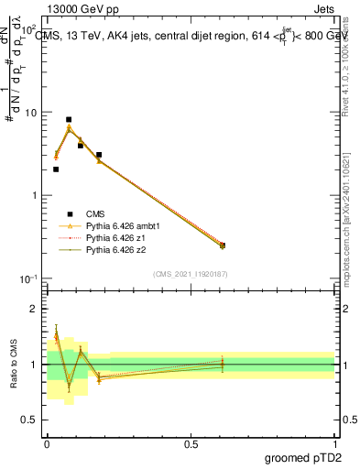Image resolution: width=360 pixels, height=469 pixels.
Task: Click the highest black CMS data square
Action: [69, 119]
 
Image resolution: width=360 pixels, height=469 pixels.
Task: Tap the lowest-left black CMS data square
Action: [56, 169]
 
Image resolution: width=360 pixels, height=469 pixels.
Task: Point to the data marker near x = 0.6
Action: [223, 245]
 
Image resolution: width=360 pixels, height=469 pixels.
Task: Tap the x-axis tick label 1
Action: [335, 444]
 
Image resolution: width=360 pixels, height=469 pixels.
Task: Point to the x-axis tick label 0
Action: [47, 444]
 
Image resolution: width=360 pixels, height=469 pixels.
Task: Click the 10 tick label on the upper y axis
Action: [29, 113]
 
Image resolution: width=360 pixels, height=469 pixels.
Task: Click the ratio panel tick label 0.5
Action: [29, 420]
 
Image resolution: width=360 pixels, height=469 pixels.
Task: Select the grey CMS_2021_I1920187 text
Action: [190, 273]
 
